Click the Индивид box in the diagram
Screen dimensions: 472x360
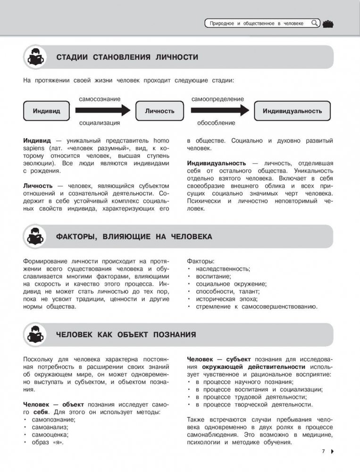tap(47, 111)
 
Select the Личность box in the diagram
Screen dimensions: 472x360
tap(159, 111)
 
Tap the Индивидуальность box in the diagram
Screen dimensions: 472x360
tap(292, 111)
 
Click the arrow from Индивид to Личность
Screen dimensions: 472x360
tap(102, 111)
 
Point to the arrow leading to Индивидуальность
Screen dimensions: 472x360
tap(219, 111)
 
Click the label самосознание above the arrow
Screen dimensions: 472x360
tap(99, 99)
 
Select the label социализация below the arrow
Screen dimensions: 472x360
tap(99, 123)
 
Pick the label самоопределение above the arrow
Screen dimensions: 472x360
tap(218, 99)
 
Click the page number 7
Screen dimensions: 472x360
tap(324, 452)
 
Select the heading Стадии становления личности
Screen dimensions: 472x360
tap(127, 58)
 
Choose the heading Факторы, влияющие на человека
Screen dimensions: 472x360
tap(134, 237)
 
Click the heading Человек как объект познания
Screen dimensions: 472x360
tap(126, 335)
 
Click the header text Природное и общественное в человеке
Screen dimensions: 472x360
tap(258, 23)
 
